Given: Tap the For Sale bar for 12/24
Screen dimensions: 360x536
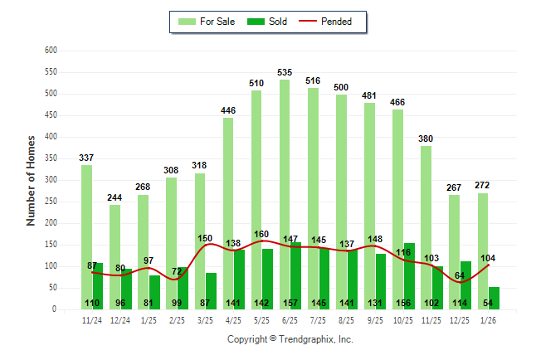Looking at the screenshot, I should click(x=115, y=249).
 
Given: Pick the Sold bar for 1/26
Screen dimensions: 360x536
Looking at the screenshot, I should click(x=494, y=298).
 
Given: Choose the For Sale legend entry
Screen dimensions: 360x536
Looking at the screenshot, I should click(x=207, y=22).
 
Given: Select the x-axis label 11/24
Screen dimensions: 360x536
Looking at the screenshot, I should click(x=92, y=320).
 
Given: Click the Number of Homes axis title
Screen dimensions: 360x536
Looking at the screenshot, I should click(x=32, y=180).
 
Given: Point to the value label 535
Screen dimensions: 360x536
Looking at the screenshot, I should click(x=285, y=73).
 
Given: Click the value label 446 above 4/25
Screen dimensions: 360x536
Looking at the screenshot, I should click(x=228, y=111).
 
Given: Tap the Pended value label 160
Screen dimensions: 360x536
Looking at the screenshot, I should click(x=261, y=234).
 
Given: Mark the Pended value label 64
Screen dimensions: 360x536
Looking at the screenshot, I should click(x=460, y=275).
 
